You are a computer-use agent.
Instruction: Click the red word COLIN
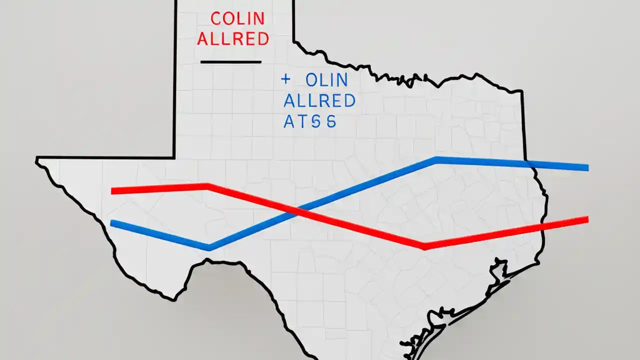pyautogui.click(x=237, y=18)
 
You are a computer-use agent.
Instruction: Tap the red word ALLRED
pyautogui.click(x=233, y=39)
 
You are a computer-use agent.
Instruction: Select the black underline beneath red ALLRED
pyautogui.click(x=230, y=62)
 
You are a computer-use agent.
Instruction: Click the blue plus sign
pyautogui.click(x=286, y=78)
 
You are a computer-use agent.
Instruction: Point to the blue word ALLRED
pyautogui.click(x=319, y=100)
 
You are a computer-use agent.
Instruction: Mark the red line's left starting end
pyautogui.click(x=112, y=190)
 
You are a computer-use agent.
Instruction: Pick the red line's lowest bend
pyautogui.click(x=424, y=245)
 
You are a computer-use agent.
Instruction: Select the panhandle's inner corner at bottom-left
pyautogui.click(x=174, y=157)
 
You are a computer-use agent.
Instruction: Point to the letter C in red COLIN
pyautogui.click(x=216, y=18)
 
